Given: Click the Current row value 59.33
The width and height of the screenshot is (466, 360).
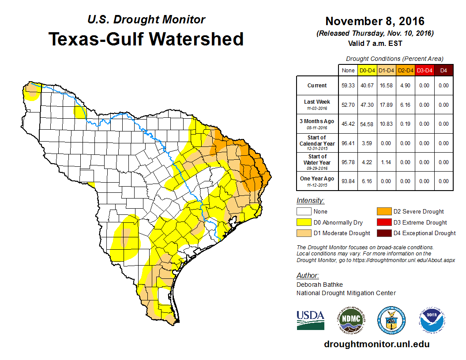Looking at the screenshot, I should coord(348,86).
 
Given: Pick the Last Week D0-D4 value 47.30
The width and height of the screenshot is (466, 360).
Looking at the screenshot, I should coord(367,105).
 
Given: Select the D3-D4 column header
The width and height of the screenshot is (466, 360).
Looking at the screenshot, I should coord(424,70).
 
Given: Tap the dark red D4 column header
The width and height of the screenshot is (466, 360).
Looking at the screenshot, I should coord(443,70).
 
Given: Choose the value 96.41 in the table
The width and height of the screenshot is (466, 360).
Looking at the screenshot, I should coord(348,143).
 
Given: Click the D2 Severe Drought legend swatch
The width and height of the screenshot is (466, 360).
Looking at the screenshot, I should coord(383,211).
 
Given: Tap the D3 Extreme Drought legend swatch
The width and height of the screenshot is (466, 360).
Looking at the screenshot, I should coord(383,222).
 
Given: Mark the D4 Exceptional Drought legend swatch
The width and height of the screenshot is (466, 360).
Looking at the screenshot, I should coord(383,233).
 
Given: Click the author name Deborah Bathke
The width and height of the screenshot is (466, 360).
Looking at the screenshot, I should coord(319,285).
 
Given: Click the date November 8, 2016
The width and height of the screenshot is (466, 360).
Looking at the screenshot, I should coord(375,21).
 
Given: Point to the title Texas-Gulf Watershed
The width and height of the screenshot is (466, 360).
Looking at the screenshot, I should coord(146,39).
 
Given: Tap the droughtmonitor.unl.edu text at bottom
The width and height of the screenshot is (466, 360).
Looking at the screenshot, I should coord(376,344).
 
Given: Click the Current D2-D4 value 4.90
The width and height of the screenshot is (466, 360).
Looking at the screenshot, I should coord(405,86).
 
